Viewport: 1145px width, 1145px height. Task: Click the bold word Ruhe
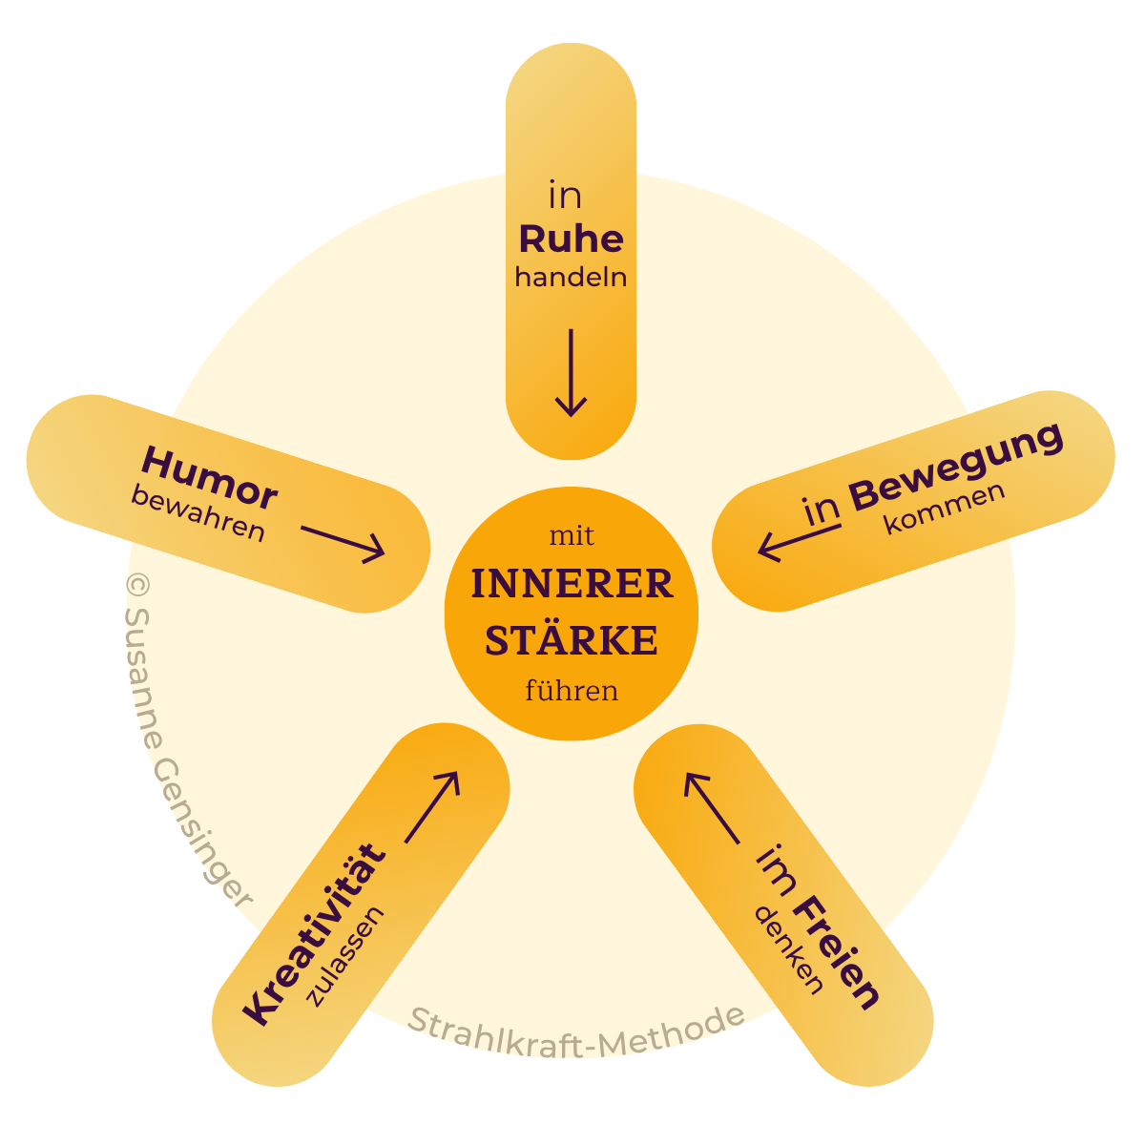coord(571,239)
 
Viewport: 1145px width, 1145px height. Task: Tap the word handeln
coord(571,278)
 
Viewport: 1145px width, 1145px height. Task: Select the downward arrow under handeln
coord(571,374)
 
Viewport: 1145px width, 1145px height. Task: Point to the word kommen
coord(944,509)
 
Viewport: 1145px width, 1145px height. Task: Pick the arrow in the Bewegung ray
coord(800,541)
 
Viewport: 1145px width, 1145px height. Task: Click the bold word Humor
coord(209,478)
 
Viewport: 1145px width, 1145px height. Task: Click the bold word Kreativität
coord(316,934)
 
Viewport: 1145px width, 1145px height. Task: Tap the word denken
coord(788,950)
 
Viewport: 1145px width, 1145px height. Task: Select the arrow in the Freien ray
coord(711,807)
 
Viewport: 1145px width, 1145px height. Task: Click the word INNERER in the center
coord(572,585)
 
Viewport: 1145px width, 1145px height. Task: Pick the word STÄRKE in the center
coord(572,641)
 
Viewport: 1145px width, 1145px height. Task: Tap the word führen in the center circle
coord(572,690)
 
